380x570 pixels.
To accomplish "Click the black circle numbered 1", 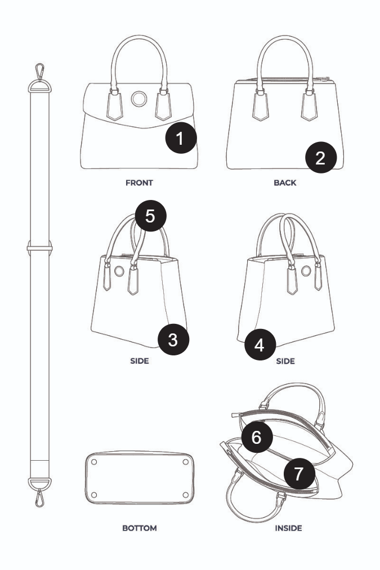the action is (181, 138).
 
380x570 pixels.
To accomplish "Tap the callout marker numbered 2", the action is (321, 157).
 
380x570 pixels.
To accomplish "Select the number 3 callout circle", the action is (173, 340).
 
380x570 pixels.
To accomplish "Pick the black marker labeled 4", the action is (260, 345).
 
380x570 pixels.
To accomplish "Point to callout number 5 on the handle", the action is (150, 216).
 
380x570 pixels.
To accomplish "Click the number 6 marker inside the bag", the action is (257, 437).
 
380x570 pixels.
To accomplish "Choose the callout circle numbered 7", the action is (299, 473).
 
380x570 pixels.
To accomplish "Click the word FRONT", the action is (139, 183).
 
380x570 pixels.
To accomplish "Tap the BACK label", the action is (285, 183).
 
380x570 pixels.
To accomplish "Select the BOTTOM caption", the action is (140, 528).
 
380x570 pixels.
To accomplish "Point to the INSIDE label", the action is (288, 528).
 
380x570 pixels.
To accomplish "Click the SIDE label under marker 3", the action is (140, 361).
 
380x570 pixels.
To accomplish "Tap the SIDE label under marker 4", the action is (285, 361).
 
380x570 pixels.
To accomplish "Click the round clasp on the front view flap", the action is (139, 99).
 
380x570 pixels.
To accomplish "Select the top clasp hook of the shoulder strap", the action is (39, 72).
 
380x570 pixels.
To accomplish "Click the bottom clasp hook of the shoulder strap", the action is (39, 498).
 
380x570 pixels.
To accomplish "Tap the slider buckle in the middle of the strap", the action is (39, 248).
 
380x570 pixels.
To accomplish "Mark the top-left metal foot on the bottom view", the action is (94, 462).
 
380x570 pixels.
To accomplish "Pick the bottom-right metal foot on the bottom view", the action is (186, 495).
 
